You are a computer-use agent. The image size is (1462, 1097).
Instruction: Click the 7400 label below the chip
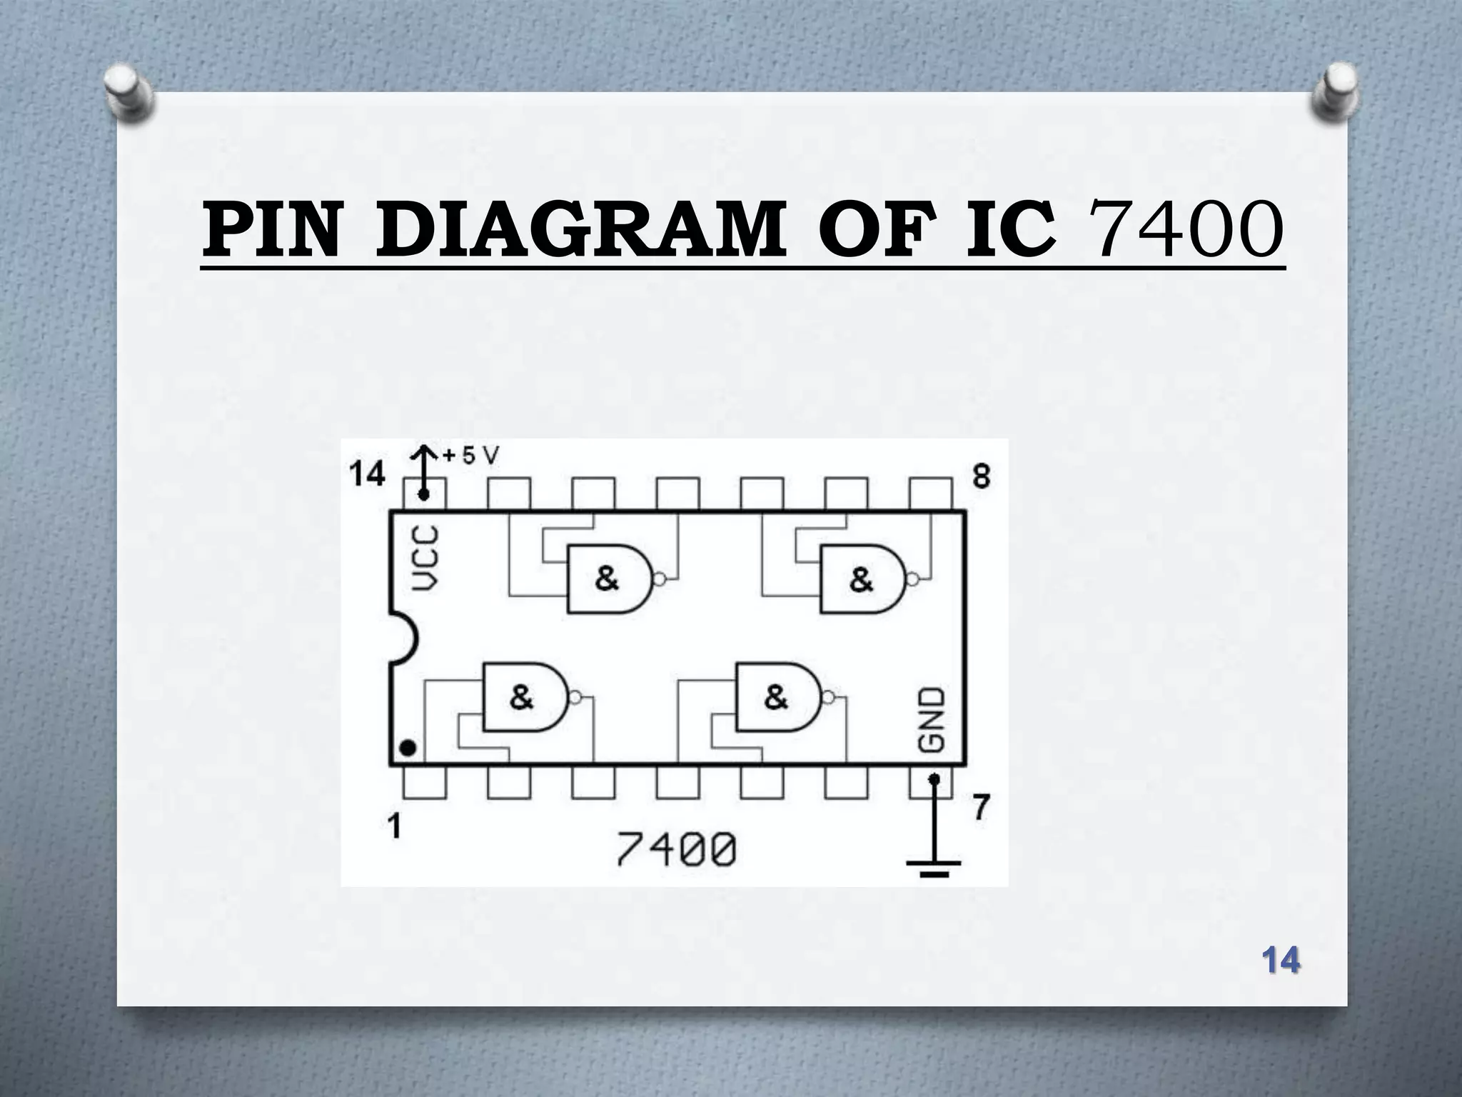(x=675, y=850)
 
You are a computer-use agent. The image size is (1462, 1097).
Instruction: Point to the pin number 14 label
(x=368, y=474)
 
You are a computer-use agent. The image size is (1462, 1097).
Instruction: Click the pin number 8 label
(x=982, y=476)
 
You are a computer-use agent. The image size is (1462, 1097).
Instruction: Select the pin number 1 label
(x=393, y=827)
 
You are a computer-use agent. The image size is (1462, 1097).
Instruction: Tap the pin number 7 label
(x=982, y=808)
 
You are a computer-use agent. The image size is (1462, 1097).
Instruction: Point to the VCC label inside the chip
(x=427, y=558)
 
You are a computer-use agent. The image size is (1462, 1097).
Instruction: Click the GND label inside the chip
(x=932, y=720)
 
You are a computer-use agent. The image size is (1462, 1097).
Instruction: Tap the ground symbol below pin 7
(x=933, y=866)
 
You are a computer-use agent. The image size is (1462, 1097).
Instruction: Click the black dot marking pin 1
(x=408, y=748)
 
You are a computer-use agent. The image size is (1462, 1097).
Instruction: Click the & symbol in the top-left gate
(x=607, y=578)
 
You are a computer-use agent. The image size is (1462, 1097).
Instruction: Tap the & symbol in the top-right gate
(x=861, y=579)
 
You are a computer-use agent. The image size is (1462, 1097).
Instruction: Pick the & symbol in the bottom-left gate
(x=522, y=696)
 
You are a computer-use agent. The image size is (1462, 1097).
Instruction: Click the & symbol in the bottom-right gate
(x=776, y=696)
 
